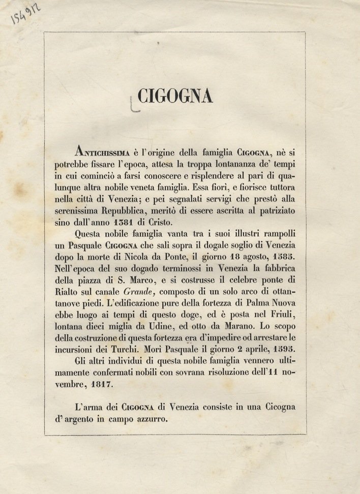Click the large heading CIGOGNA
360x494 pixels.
click(175, 96)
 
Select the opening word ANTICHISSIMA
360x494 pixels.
click(105, 151)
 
